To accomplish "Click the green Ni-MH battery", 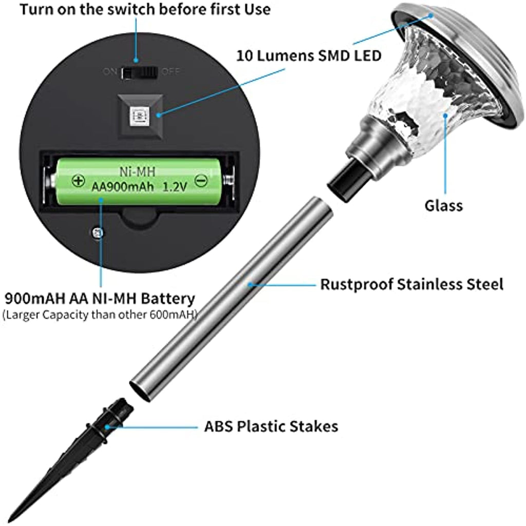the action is coord(138,181).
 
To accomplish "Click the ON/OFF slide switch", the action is coord(140,72).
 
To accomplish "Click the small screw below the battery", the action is coord(98,233).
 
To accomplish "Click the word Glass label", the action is coord(443,205).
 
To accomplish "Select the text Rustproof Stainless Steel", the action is coord(411,284).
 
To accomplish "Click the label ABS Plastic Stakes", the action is coord(271,426).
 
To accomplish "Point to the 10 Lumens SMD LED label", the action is coord(309,55).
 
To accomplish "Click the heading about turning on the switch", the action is coord(145,9).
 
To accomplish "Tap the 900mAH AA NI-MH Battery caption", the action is coord(100,298).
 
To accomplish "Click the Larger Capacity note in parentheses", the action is coord(100,315).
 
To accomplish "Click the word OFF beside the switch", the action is coord(171,71).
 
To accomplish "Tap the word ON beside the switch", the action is coord(110,71).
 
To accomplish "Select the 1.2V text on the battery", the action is coord(175,187).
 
